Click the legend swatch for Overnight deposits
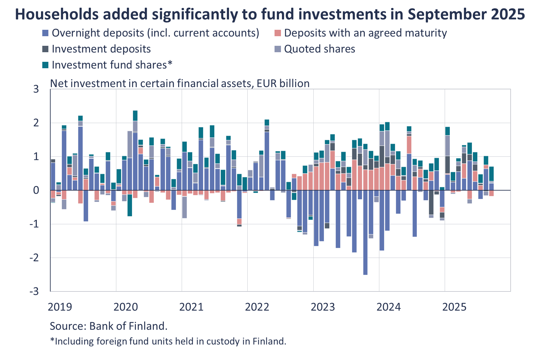coord(45,33)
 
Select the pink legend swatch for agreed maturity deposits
coord(278,33)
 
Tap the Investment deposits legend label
coord(101,49)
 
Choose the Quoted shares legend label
coord(319,49)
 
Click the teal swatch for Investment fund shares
coord(45,65)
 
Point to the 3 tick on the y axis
coord(36,89)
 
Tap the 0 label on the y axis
coord(36,190)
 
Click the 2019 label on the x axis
coord(60,307)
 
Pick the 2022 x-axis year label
coord(257,307)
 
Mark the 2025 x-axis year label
coord(454,307)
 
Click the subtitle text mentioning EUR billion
coord(180,83)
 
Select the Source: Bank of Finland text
coord(108,326)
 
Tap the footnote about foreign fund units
coord(168,341)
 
